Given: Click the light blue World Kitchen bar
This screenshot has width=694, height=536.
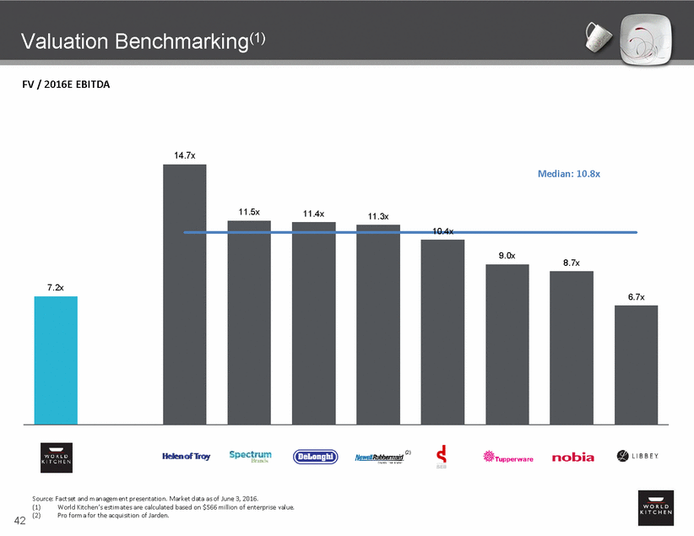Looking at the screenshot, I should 56,359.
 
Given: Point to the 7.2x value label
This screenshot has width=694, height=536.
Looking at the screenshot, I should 56,288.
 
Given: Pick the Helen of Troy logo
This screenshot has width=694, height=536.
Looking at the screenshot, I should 185,456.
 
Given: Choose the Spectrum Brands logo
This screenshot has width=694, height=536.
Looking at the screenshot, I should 250,456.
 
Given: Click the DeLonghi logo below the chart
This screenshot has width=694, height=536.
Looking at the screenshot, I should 314,457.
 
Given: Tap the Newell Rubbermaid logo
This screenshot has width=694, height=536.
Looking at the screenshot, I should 377,457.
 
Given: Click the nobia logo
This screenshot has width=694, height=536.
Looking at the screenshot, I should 572,457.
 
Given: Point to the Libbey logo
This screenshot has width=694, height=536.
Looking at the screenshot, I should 637,457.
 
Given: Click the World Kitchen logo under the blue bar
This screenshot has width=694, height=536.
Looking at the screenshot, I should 56,457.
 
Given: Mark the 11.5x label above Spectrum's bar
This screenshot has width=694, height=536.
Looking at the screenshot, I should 249,212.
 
